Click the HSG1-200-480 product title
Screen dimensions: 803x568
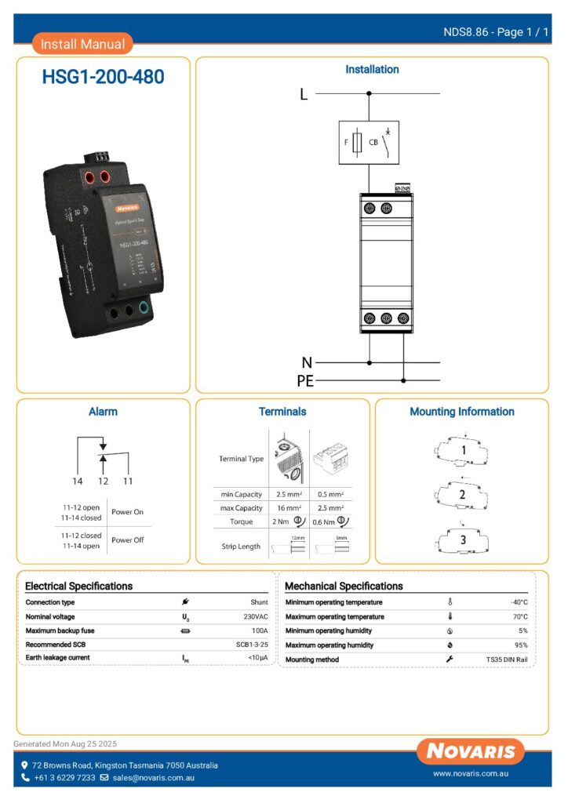103,77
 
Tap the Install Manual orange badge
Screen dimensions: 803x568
82,44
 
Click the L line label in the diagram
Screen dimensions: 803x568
304,96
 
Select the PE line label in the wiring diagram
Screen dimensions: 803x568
305,381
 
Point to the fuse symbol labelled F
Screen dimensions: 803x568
358,143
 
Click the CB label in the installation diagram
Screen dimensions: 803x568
373,143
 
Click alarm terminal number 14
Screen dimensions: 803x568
78,480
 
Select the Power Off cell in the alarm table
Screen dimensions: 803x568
127,540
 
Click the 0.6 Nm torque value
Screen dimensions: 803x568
323,522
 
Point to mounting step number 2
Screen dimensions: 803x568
462,495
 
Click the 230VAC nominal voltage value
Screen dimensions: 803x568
254,616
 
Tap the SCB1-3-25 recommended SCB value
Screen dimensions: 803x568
252,645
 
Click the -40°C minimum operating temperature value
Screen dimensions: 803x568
519,602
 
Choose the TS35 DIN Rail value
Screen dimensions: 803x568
507,659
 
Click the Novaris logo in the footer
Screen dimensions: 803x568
471,751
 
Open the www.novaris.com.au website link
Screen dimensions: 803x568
471,774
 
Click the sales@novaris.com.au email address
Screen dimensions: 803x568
153,778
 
